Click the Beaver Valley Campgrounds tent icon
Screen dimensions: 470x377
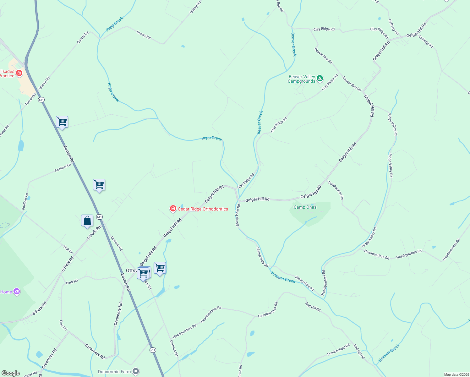pyautogui.click(x=320, y=78)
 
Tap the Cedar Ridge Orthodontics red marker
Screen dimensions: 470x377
pyautogui.click(x=173, y=209)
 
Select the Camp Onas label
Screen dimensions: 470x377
pyautogui.click(x=305, y=207)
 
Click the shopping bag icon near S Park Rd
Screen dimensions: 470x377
pyautogui.click(x=87, y=221)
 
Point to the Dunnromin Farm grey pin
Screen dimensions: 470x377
pyautogui.click(x=136, y=372)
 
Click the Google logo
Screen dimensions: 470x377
pyautogui.click(x=11, y=373)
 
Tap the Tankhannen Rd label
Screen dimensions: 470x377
pyautogui.click(x=336, y=190)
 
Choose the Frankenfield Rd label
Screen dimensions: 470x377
pyautogui.click(x=338, y=350)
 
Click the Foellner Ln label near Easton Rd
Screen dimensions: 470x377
pyautogui.click(x=63, y=168)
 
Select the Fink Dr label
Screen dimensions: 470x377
pyautogui.click(x=68, y=249)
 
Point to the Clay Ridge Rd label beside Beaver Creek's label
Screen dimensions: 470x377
pyautogui.click(x=279, y=125)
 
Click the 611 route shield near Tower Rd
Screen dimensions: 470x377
pyautogui.click(x=41, y=100)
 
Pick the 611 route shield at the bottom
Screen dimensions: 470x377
pyautogui.click(x=153, y=350)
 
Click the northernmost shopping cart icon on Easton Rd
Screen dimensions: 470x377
pyautogui.click(x=62, y=122)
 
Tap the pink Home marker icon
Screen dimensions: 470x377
pyautogui.click(x=17, y=292)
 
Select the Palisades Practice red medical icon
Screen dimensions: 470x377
pyautogui.click(x=19, y=73)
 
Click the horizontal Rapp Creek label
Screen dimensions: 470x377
pyautogui.click(x=211, y=138)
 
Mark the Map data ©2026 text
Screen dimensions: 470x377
pyautogui.click(x=456, y=374)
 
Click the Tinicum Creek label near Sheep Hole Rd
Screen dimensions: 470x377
pyautogui.click(x=283, y=277)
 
